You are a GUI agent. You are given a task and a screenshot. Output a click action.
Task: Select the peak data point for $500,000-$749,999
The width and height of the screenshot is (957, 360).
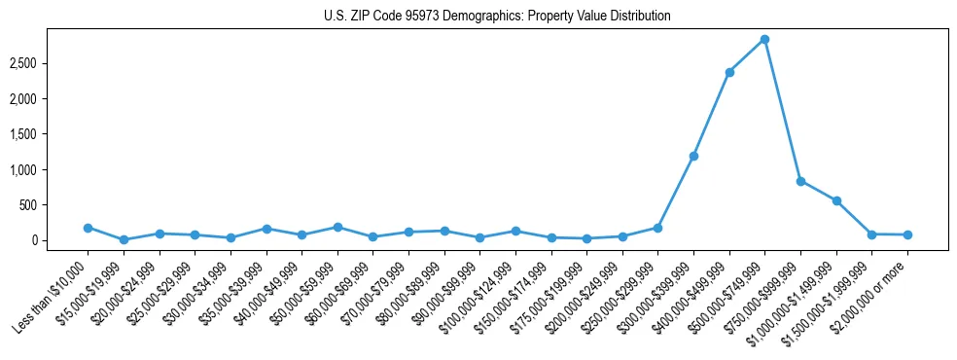[x=764, y=39]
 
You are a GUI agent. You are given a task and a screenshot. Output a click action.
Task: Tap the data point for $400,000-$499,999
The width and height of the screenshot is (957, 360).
[x=729, y=72]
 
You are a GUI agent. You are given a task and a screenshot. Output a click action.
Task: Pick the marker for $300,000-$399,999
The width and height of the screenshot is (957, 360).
[x=693, y=156]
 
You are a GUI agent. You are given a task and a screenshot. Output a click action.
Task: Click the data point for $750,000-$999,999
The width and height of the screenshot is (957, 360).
[x=800, y=181]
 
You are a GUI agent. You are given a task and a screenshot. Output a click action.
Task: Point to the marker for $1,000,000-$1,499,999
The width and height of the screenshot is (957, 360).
[x=836, y=200]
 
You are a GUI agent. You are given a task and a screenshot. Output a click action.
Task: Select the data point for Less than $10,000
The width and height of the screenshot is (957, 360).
[x=88, y=228]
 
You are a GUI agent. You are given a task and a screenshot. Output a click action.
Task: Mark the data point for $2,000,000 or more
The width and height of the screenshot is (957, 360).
[x=907, y=234]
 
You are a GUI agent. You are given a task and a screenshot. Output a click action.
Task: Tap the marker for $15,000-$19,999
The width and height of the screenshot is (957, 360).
[x=124, y=239]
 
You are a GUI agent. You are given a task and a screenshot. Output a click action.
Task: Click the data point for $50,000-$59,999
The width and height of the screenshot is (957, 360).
[x=337, y=227]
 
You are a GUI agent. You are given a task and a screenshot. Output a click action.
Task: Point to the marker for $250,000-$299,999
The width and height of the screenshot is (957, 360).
[x=657, y=228]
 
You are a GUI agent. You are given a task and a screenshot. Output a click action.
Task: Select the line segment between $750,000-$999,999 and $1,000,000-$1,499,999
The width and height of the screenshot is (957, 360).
[x=818, y=191]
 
